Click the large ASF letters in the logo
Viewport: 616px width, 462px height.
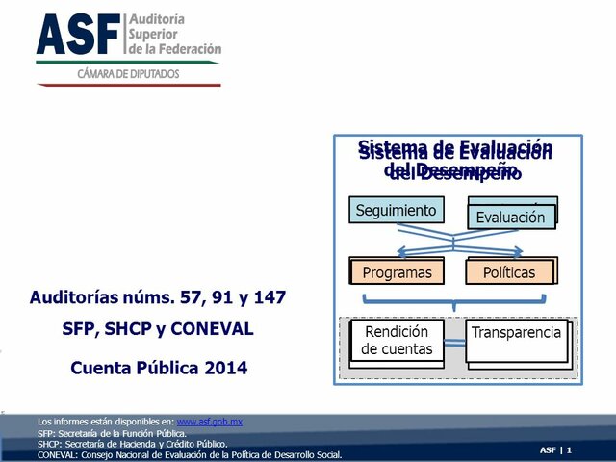(79, 35)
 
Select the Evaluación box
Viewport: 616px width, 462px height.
(511, 217)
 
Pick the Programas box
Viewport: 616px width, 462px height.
(397, 272)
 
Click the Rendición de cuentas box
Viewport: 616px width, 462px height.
(397, 341)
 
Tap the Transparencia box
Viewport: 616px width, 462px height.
(516, 333)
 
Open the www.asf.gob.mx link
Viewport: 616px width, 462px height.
(209, 422)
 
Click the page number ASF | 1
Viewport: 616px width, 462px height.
(555, 449)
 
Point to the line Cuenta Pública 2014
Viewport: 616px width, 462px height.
(159, 367)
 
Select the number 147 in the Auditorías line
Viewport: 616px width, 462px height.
(268, 297)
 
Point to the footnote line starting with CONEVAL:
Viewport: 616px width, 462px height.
(189, 455)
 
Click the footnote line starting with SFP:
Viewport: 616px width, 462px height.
(112, 433)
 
